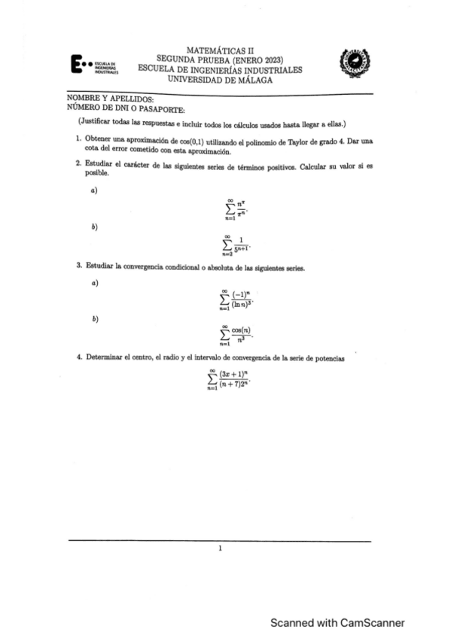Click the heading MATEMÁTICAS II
pos(220,49)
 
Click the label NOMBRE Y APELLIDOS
pos(99,99)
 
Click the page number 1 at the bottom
pos(220,548)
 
